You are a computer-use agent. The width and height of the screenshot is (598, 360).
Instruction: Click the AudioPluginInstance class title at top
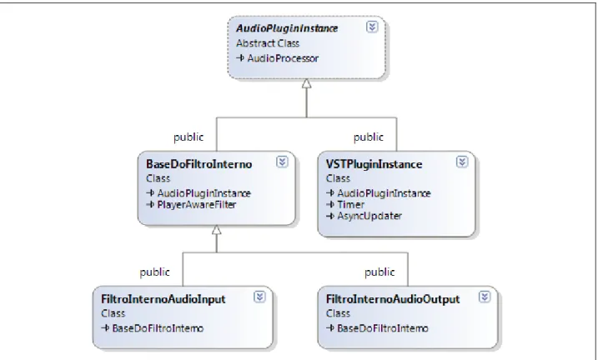287,28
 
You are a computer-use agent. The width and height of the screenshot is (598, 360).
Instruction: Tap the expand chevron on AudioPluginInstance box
372,27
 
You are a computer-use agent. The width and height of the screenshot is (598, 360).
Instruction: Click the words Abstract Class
268,43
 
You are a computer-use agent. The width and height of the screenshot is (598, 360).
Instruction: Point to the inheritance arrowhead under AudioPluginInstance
307,83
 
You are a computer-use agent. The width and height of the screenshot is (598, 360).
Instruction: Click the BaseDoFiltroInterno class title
199,164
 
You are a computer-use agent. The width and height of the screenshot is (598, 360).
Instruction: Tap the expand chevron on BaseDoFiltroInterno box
282,162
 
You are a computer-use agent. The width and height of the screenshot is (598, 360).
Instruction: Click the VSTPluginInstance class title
374,164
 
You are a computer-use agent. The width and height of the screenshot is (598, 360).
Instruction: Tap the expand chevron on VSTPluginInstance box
462,162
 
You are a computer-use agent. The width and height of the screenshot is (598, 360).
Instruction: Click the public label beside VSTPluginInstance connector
369,137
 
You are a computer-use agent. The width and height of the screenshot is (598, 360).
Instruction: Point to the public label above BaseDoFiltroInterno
188,137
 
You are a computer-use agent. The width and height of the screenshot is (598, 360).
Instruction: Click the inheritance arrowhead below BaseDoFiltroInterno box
217,230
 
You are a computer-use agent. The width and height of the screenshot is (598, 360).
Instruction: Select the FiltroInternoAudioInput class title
163,299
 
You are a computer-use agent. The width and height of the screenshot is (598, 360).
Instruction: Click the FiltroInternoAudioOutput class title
393,299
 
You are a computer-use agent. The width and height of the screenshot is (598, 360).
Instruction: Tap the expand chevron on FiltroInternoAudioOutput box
485,297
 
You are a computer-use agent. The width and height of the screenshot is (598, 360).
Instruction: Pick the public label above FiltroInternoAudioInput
155,272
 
